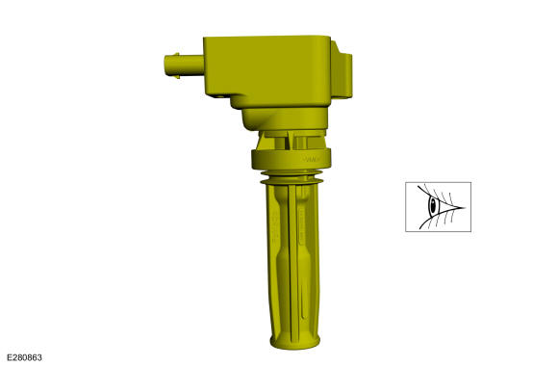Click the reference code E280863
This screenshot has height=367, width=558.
click(x=24, y=357)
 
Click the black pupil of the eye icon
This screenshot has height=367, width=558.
click(x=433, y=205)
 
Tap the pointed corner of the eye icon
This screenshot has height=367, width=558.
click(x=465, y=207)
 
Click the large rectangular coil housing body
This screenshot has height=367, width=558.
click(x=267, y=70)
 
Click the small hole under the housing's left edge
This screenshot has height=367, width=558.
click(x=220, y=96)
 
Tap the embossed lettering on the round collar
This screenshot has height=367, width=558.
click(x=312, y=159)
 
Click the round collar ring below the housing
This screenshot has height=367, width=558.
click(x=292, y=159)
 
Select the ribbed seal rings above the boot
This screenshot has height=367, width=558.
click(x=292, y=177)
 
